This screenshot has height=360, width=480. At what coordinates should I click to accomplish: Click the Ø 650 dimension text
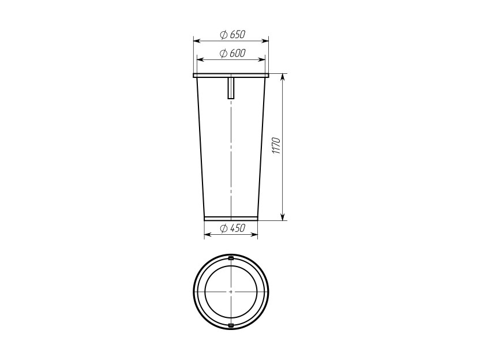(x=232, y=35)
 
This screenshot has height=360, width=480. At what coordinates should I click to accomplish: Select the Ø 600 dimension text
(x=232, y=53)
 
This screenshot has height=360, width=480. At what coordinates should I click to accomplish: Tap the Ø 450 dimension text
(x=232, y=228)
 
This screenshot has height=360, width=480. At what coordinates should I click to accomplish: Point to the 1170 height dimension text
(x=276, y=146)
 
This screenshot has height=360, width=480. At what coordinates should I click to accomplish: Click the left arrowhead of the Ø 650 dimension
(x=197, y=41)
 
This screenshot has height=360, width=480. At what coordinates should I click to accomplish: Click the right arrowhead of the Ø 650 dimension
(x=265, y=41)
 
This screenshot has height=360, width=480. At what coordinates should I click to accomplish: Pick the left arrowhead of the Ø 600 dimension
(x=200, y=59)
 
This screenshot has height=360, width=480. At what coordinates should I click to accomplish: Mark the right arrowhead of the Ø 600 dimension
(x=262, y=59)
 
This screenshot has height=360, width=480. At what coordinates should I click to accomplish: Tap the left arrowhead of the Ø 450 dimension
(x=208, y=234)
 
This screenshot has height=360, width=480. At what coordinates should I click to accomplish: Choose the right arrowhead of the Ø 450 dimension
(x=254, y=234)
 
